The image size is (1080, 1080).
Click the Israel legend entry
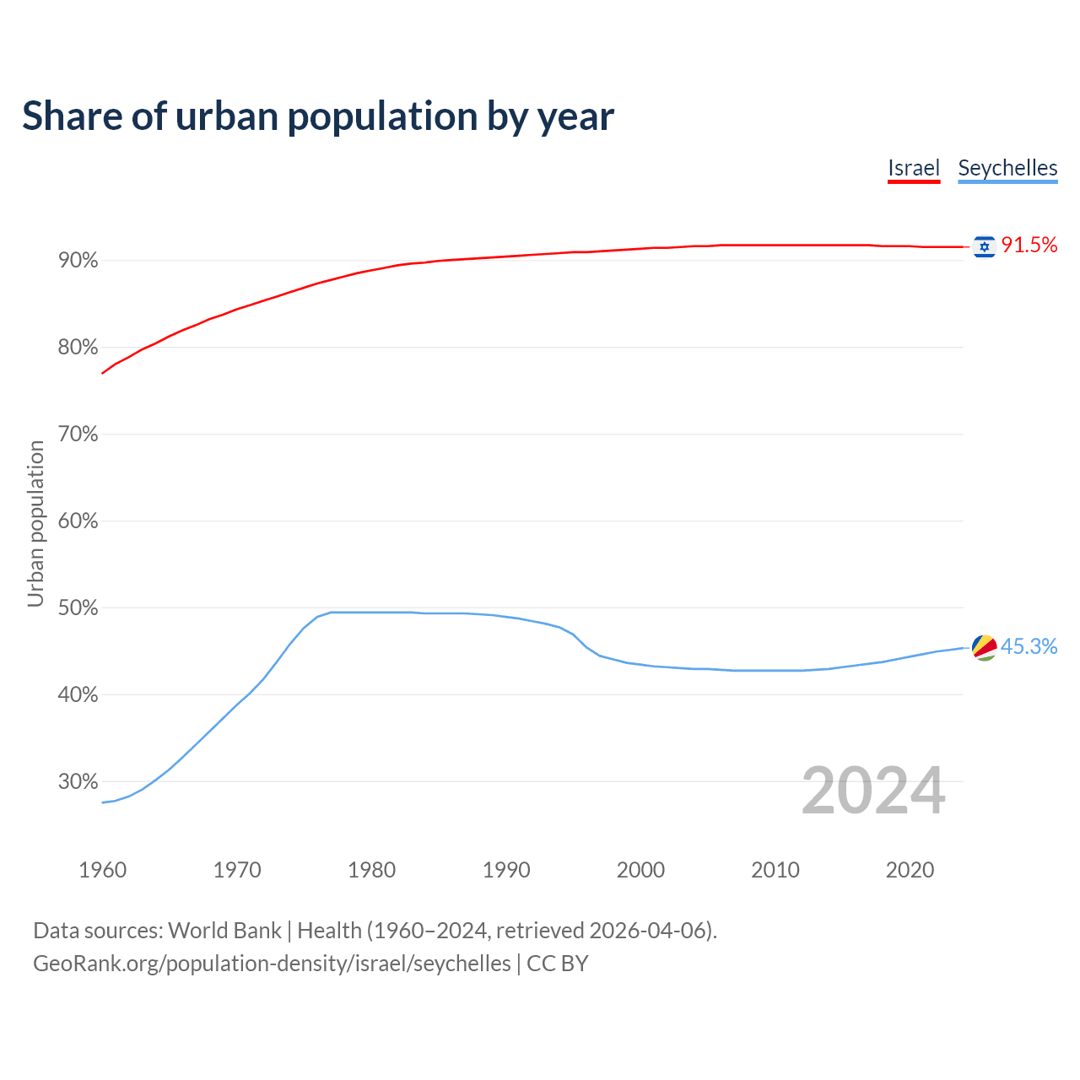point(914,168)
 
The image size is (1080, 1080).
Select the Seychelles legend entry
point(1007,168)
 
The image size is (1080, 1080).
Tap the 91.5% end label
point(1029,245)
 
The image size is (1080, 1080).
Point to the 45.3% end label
point(1029,646)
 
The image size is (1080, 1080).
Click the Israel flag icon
point(984,246)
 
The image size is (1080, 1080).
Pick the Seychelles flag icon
point(984,647)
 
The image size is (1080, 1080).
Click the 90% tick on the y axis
point(78,261)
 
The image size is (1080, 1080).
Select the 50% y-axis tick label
point(78,608)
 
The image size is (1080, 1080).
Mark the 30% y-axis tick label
point(78,782)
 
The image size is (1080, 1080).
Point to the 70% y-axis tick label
point(78,435)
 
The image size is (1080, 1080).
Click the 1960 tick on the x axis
point(102,870)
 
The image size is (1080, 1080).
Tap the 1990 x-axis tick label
point(506,870)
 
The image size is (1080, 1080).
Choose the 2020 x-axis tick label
point(910,870)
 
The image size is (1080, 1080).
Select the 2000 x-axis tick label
point(640,870)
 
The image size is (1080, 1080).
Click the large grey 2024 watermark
point(873,791)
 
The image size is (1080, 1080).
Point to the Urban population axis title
point(35,523)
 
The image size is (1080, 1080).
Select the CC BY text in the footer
point(557,964)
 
